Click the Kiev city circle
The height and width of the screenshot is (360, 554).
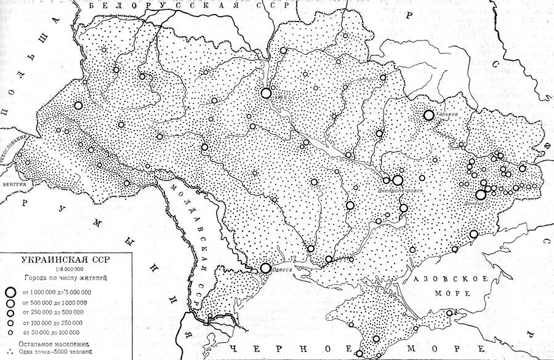(266, 93)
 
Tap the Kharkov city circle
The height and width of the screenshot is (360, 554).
(428, 115)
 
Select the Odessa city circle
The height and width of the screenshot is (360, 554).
(265, 268)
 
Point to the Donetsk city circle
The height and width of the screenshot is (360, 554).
(481, 194)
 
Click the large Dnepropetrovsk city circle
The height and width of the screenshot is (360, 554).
(398, 180)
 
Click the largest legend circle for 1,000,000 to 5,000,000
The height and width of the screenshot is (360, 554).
(10, 292)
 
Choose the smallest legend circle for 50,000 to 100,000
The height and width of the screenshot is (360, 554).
(10, 332)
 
